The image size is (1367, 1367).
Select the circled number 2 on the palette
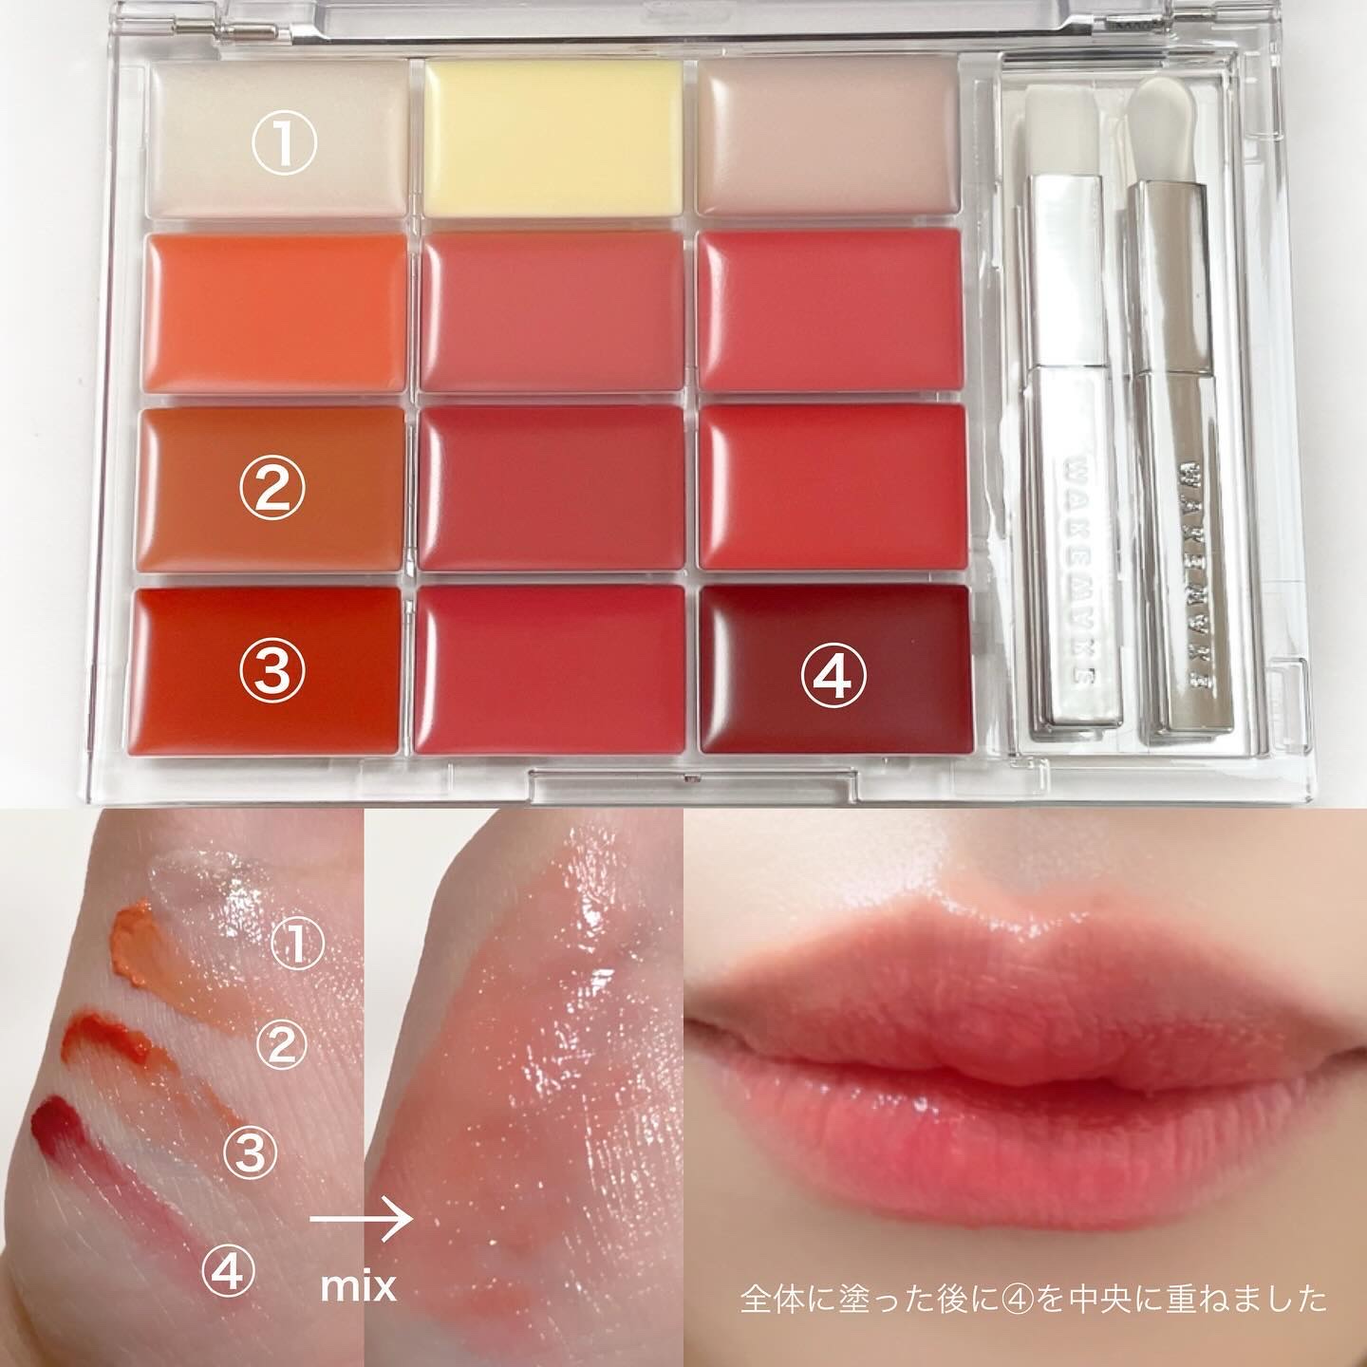point(272,490)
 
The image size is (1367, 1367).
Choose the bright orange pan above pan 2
point(276,312)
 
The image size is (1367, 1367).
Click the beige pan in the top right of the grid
point(828,136)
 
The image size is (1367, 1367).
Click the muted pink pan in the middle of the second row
point(552,312)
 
